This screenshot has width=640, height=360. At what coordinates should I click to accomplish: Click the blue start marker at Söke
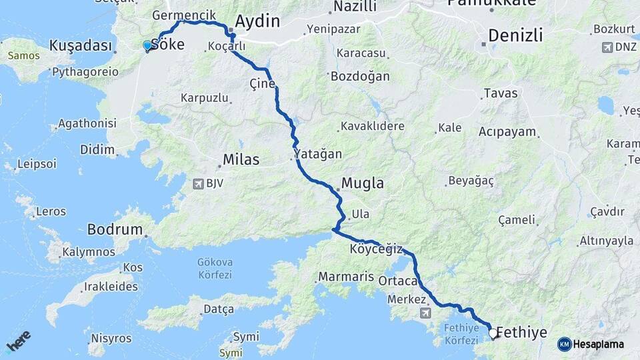click(x=147, y=45)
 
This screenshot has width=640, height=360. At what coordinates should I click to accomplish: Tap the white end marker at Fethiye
click(x=493, y=333)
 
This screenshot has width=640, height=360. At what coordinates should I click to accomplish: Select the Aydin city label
click(x=257, y=21)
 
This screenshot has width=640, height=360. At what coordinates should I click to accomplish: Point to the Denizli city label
click(x=515, y=35)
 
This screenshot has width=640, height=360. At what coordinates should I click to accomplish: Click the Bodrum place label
click(x=115, y=229)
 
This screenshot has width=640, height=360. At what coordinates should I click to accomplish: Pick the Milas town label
click(x=241, y=160)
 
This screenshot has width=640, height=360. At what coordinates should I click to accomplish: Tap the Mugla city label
click(x=363, y=183)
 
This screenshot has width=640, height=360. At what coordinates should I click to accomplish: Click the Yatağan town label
click(x=319, y=154)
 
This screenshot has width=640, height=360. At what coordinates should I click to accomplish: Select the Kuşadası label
click(x=80, y=45)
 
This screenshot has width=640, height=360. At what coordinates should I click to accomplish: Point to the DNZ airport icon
click(x=607, y=47)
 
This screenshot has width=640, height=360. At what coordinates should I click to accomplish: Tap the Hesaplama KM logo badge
click(x=564, y=344)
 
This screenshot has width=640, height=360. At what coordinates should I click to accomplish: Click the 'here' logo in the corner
click(x=19, y=341)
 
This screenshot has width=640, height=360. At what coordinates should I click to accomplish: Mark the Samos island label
click(x=24, y=55)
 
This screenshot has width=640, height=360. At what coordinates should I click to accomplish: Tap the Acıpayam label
click(x=507, y=131)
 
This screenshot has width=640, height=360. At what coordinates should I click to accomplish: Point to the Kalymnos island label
click(x=89, y=252)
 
